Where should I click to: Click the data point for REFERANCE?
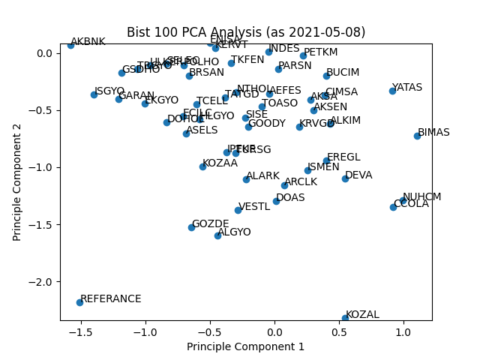coord(79,302)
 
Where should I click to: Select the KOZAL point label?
coord(362,315)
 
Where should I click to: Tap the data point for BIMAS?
coord(417,136)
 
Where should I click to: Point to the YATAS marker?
coord(392,91)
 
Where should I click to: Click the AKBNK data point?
coord(70,45)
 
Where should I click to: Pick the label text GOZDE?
coord(210,224)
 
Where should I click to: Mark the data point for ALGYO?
coord(217,235)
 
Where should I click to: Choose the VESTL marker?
coord(238,210)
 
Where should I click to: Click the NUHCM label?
coord(421,197)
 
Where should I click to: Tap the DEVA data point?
coord(345,178)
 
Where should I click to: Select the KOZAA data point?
coord(202,166)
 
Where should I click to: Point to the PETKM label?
coord(320,52)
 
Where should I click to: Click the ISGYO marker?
coord(94,94)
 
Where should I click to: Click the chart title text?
coord(246,32)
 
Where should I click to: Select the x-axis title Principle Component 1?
coord(246,346)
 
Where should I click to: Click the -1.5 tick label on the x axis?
coord(80,331)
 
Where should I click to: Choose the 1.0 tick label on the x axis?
coord(403,331)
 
